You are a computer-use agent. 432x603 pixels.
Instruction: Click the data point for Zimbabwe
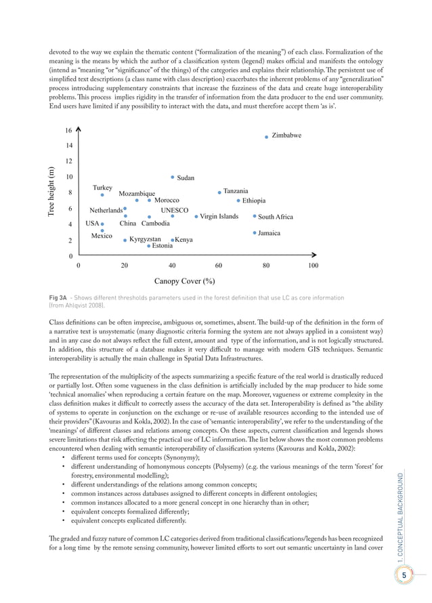(266, 137)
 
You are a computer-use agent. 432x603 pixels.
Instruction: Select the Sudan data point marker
(173, 178)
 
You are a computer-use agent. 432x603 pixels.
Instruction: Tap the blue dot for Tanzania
(219, 192)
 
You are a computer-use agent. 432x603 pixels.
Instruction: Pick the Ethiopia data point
(238, 201)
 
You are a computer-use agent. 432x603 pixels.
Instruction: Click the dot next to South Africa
(254, 217)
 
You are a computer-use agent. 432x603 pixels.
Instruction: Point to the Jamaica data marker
(254, 233)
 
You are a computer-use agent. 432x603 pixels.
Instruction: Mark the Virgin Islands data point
(196, 217)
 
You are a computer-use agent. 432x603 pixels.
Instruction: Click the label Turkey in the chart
(102, 187)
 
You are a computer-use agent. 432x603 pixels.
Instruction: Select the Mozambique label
(137, 194)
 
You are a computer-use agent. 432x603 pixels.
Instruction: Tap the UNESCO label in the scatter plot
(174, 210)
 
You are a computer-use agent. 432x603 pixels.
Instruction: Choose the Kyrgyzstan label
(145, 239)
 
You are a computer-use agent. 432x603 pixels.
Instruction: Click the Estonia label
(162, 246)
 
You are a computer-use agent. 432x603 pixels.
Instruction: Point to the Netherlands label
(106, 210)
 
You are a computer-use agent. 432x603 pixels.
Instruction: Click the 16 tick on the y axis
(68, 130)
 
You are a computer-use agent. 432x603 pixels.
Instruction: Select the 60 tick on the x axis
(219, 266)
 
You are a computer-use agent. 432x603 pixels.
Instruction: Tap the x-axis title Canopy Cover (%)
(185, 280)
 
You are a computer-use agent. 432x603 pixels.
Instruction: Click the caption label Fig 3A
(58, 298)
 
